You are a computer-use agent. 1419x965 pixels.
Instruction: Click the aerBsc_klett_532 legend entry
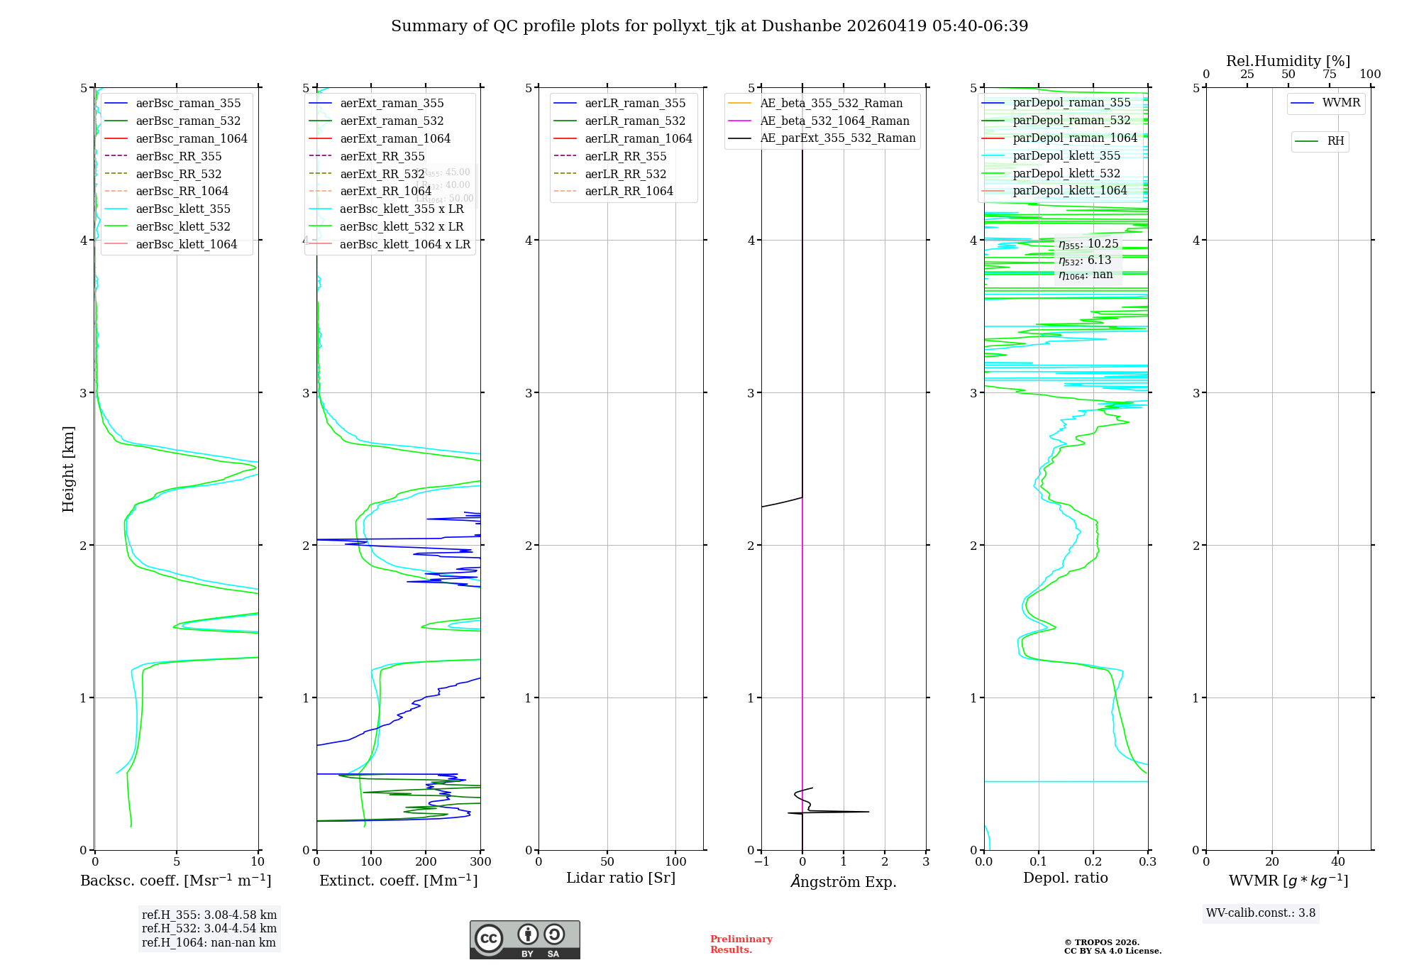pos(182,226)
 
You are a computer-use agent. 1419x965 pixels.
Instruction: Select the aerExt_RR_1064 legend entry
pos(385,191)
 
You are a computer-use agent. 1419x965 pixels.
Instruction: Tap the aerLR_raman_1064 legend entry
pos(638,138)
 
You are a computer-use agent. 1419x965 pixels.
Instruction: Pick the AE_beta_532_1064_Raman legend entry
pos(834,121)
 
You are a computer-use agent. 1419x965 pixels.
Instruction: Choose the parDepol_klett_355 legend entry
pos(1066,155)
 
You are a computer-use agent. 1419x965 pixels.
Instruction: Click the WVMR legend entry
pos(1341,103)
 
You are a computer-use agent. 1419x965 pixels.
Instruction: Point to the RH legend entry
pos(1335,141)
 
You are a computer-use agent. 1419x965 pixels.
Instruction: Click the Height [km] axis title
pos(68,469)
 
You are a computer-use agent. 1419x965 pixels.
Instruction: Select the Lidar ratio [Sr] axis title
pos(620,878)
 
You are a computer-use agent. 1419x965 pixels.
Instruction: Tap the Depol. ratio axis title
pos(1065,878)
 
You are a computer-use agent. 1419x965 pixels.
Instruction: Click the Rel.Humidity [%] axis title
pos(1288,61)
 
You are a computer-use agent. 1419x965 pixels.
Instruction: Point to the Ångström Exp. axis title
pos(843,881)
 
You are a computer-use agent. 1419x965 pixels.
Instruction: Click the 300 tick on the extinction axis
pos(480,862)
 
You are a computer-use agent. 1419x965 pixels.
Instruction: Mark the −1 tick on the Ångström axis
pos(761,862)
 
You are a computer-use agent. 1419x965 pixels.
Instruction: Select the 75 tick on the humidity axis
pos(1329,75)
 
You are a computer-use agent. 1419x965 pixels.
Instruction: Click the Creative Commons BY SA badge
pos(524,939)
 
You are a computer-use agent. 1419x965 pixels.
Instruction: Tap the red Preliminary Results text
pos(741,944)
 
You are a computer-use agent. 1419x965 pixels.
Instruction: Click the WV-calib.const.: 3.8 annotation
pos(1260,913)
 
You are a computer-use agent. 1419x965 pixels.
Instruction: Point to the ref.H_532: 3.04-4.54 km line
pos(209,929)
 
